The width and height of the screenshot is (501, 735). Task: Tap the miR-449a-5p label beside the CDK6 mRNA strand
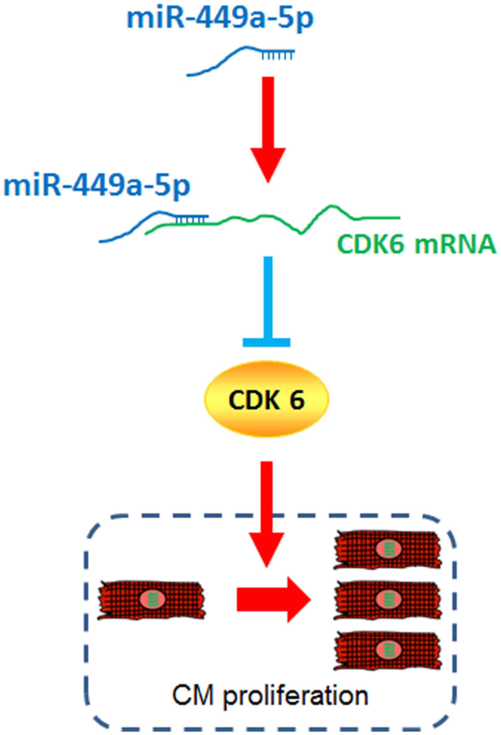(x=97, y=186)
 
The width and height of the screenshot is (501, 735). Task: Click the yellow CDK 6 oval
(x=266, y=400)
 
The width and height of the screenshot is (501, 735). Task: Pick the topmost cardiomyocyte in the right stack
(x=388, y=550)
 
